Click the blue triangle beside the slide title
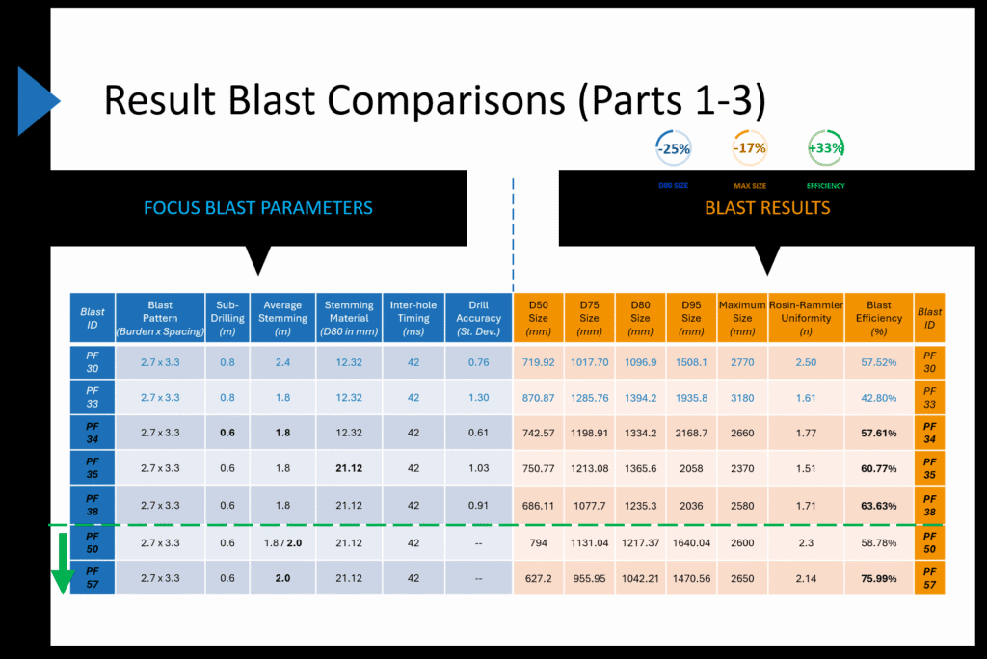click(37, 99)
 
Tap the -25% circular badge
click(673, 148)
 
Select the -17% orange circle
click(749, 148)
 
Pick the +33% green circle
click(825, 148)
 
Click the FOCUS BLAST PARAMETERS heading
click(257, 208)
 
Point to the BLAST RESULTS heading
click(767, 208)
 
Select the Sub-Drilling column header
click(227, 318)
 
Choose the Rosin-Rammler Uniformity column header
click(805, 318)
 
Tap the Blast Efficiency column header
click(878, 318)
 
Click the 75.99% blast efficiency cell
click(878, 578)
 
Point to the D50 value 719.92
click(538, 362)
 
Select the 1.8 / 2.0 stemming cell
click(282, 542)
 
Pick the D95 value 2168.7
click(691, 434)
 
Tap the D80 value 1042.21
click(640, 578)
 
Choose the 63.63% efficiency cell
click(878, 504)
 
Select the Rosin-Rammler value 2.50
click(805, 362)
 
